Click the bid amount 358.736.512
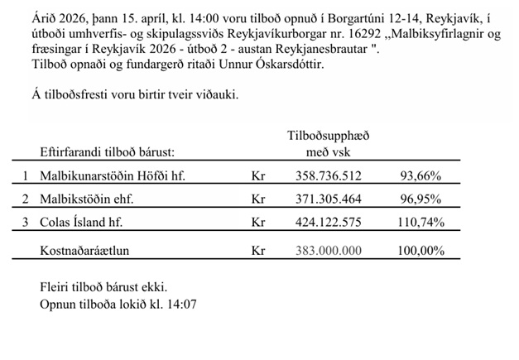coord(329,176)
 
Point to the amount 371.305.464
coord(329,199)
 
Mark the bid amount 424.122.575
coord(329,223)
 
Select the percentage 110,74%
coord(419,223)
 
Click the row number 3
coord(26,223)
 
